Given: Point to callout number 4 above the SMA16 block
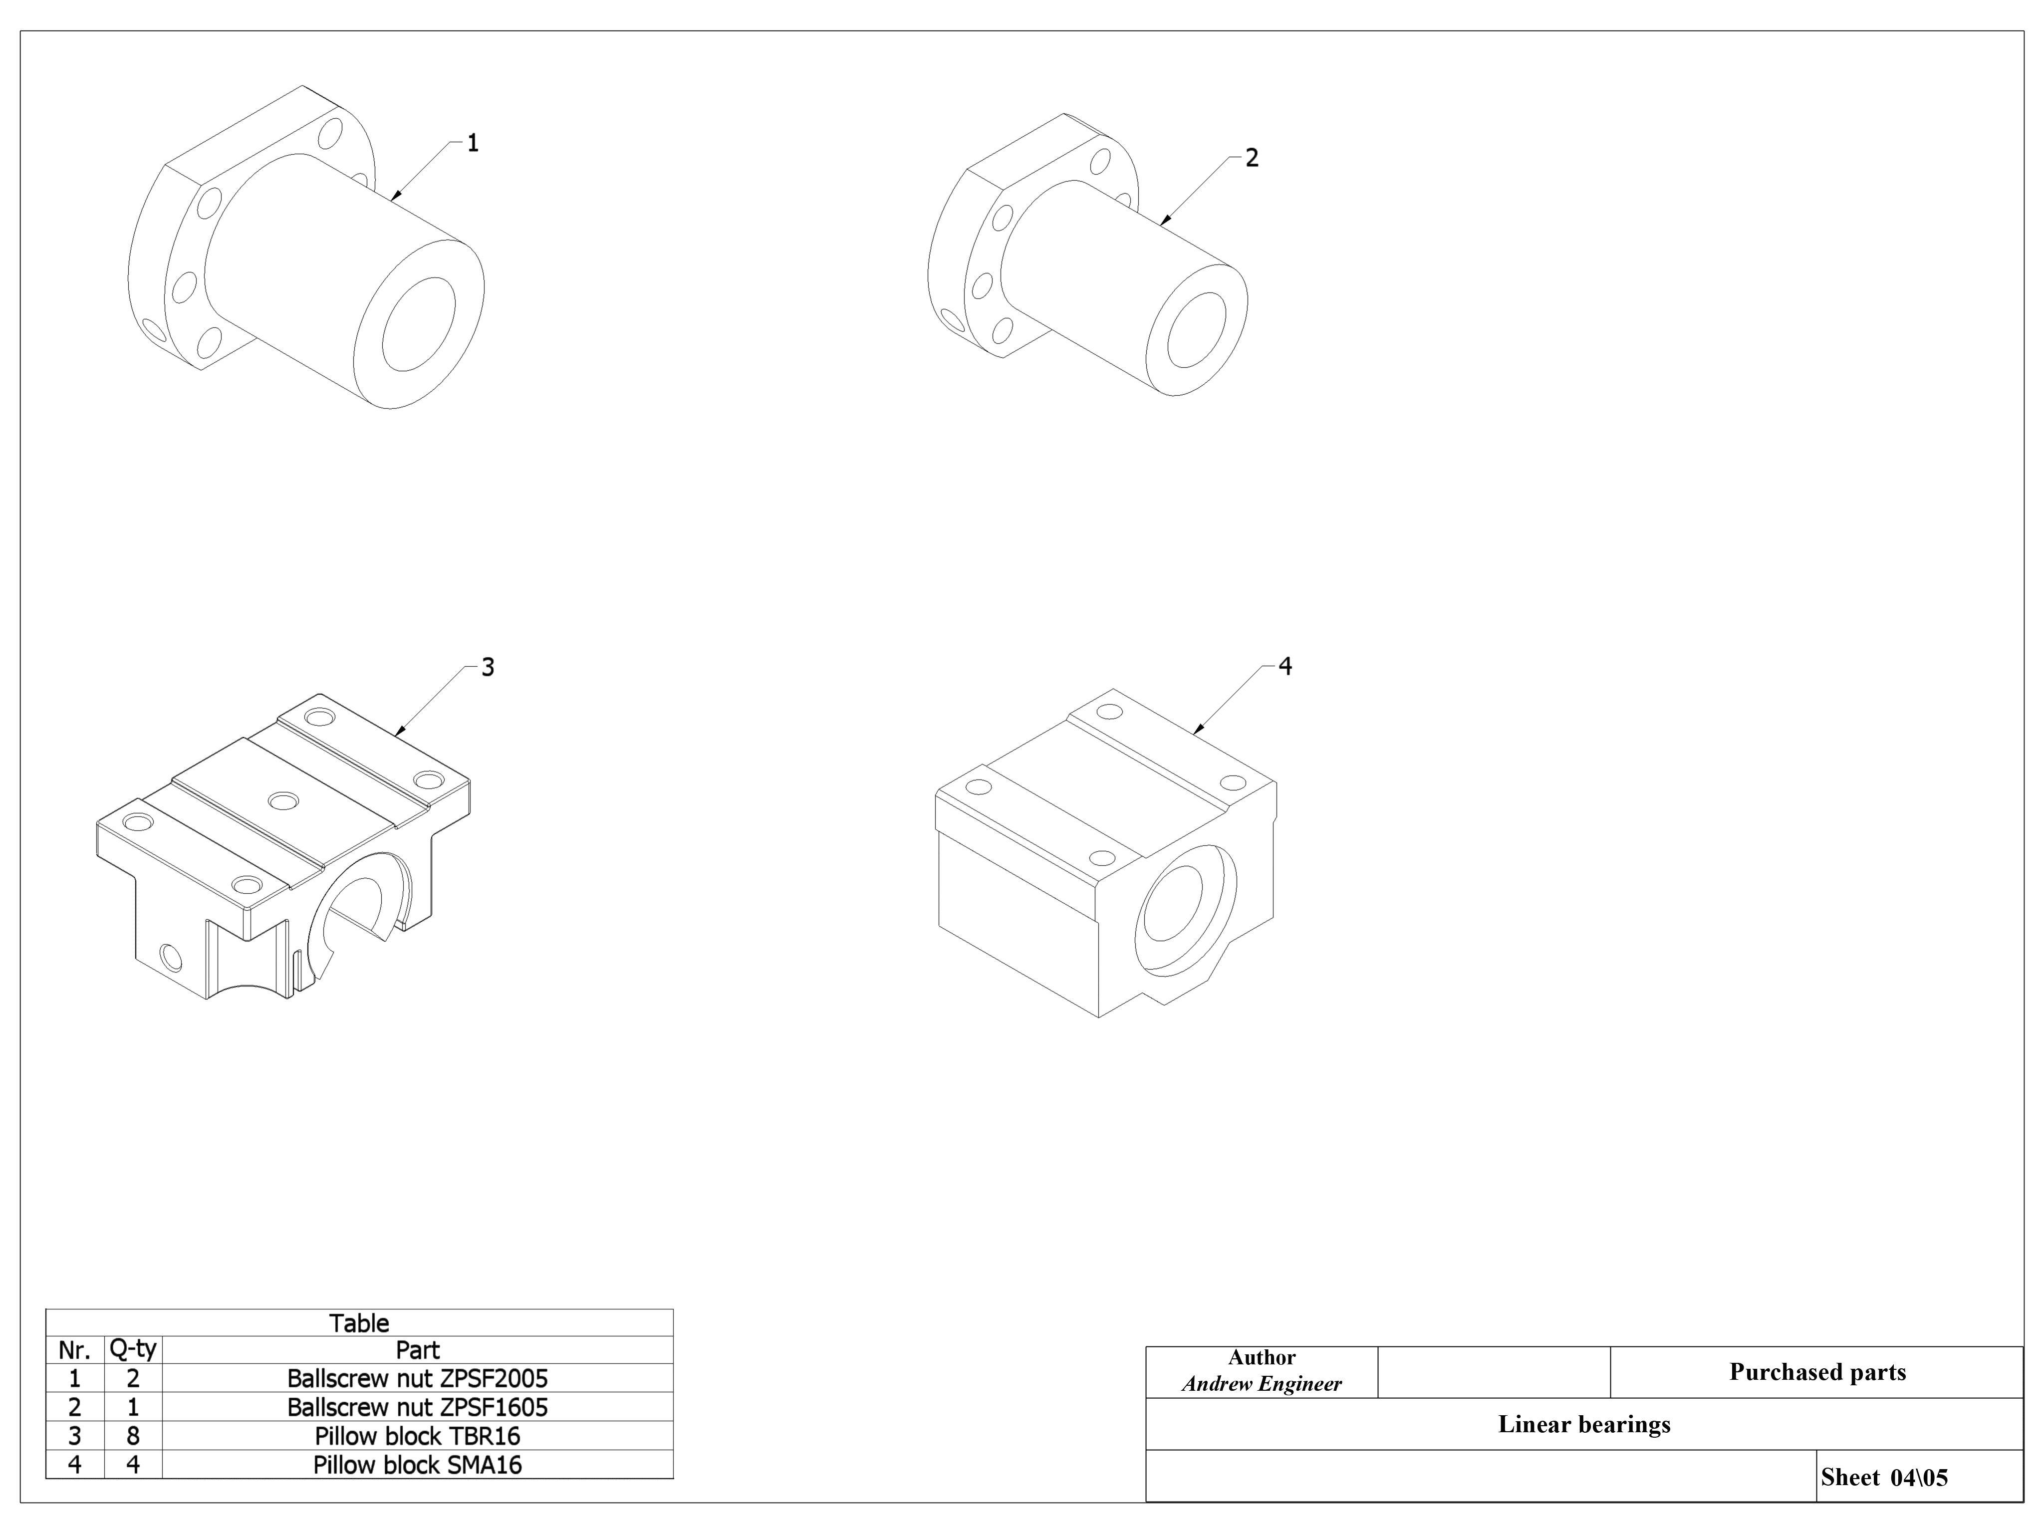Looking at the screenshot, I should click(x=1284, y=666).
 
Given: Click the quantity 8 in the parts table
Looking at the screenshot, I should click(x=133, y=1436).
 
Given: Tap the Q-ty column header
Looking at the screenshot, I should click(x=133, y=1350).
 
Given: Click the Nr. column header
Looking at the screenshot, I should click(x=75, y=1350).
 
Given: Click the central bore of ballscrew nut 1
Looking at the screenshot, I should click(x=419, y=324).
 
